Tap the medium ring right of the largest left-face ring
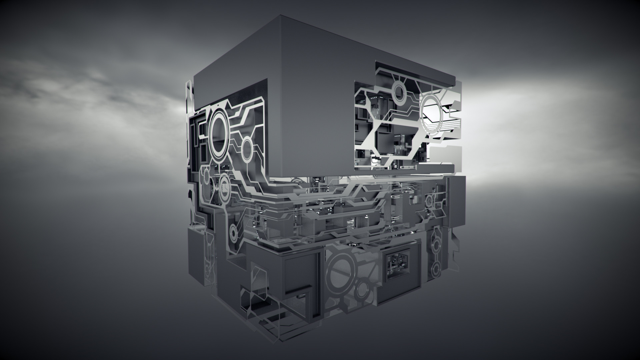247,150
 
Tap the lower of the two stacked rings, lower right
436,268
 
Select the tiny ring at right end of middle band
429,200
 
